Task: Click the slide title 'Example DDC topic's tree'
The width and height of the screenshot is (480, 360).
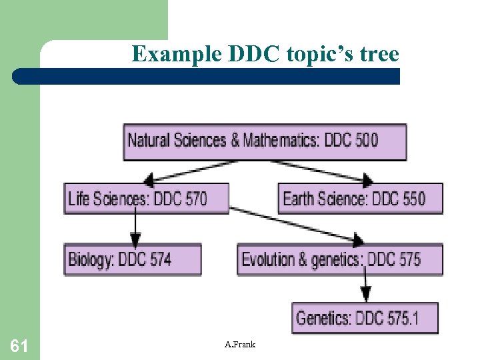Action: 265,53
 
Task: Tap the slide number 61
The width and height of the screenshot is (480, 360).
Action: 19,345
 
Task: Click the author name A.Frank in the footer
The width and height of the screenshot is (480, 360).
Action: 240,344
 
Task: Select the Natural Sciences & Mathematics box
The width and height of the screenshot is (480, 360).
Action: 265,141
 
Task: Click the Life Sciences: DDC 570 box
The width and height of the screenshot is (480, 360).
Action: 146,198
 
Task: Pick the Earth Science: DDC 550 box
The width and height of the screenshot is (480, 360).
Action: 359,198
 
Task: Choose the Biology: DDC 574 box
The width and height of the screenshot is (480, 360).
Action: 132,259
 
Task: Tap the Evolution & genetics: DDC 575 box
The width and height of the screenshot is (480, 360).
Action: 339,259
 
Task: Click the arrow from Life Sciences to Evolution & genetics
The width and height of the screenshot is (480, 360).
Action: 300,225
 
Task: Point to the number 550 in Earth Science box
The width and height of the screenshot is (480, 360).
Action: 409,198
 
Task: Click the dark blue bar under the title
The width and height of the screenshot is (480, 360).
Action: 207,76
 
